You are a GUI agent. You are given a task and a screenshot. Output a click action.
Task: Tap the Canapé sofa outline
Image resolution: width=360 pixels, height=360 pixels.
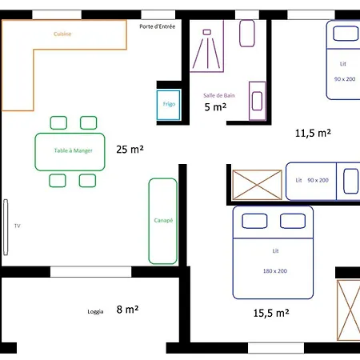point(150,221)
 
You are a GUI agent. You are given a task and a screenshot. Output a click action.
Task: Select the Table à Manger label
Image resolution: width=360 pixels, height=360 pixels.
point(74,150)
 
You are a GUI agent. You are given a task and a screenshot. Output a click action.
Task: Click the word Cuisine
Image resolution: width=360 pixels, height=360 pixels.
point(62,34)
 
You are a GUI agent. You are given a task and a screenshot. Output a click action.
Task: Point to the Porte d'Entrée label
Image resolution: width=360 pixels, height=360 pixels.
point(158,26)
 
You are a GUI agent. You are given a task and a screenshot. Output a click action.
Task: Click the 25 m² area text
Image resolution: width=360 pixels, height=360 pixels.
point(130,150)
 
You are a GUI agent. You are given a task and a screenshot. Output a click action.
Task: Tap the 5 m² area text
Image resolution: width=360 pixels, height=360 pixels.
point(215,107)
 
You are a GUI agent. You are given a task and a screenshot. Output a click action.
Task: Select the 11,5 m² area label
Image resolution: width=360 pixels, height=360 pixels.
point(313,133)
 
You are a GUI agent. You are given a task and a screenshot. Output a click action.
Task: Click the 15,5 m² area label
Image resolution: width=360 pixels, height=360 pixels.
point(271,313)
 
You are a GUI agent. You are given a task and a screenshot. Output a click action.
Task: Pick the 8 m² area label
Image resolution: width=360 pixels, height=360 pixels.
point(127,310)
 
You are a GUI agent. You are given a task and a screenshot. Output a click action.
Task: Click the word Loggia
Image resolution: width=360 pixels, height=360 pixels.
point(95,312)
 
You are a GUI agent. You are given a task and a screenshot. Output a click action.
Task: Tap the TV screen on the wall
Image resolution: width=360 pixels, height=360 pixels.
point(6,227)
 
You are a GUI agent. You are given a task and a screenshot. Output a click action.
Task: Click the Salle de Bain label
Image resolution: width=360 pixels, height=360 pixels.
point(219,95)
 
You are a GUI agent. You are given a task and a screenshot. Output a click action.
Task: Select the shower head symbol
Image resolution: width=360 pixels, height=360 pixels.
point(207,32)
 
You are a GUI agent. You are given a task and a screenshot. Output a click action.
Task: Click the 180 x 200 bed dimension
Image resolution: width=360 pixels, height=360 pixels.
point(275,271)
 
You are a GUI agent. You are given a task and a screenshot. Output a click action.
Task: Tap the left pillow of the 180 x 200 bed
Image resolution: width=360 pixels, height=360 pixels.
point(254,221)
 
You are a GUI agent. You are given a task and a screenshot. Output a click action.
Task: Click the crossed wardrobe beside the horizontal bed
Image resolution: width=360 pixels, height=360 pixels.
point(257,185)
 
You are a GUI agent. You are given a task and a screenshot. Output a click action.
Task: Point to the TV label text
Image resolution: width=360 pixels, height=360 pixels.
point(18,226)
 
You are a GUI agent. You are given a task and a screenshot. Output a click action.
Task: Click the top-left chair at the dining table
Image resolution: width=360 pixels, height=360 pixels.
point(58,122)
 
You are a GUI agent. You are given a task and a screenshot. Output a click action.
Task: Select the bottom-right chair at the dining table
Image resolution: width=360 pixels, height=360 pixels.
point(87,181)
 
